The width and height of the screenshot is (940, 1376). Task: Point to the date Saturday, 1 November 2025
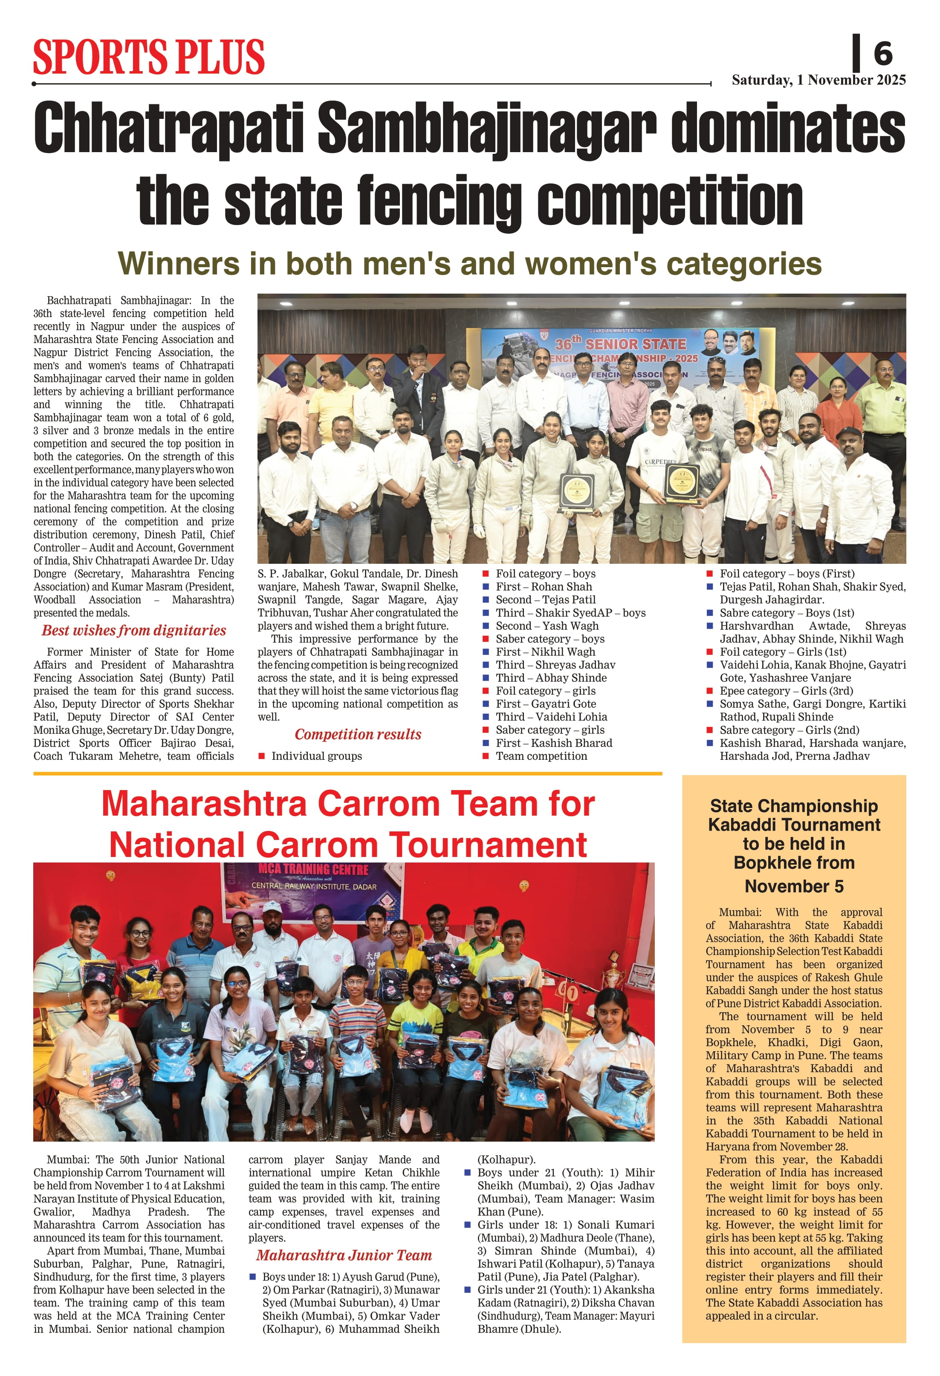click(x=819, y=80)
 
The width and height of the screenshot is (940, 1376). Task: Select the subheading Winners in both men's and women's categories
click(x=470, y=263)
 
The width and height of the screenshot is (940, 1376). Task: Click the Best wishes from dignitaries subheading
click(x=134, y=631)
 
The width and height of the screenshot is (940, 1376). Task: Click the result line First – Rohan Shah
click(x=544, y=587)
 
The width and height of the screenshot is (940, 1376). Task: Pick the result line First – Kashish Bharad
click(x=554, y=743)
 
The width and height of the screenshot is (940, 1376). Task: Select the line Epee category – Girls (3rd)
click(x=786, y=691)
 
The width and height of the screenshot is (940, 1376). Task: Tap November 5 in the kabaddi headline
click(x=794, y=886)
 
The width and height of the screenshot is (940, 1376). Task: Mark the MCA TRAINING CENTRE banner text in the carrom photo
click(x=313, y=870)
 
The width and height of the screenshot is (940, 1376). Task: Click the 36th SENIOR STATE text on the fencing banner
click(x=620, y=344)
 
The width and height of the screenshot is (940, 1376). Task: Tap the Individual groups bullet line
click(x=316, y=756)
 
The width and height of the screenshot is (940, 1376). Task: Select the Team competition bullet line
click(x=541, y=756)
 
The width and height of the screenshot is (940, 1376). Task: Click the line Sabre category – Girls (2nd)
click(x=789, y=730)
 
